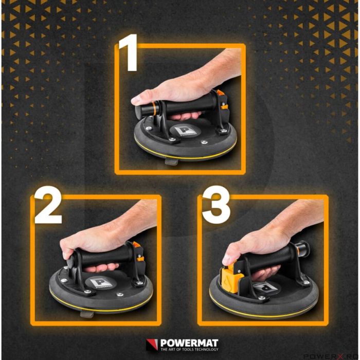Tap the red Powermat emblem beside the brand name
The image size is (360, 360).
(x=152, y=345)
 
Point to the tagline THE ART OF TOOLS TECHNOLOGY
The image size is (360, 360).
(x=189, y=350)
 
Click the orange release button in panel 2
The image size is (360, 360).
(x=136, y=246)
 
